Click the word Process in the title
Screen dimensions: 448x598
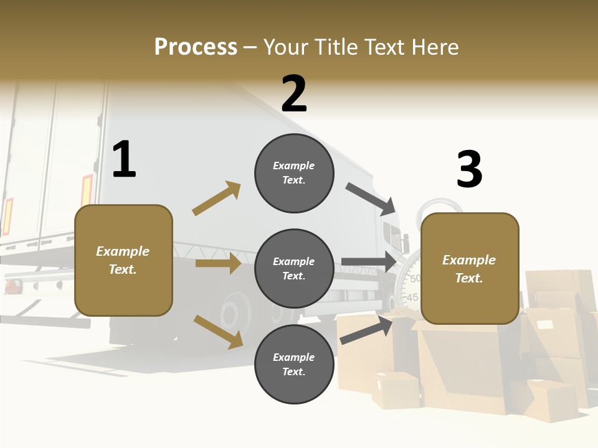coord(196,47)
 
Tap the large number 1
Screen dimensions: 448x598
coord(124,160)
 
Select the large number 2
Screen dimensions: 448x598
coord(294,93)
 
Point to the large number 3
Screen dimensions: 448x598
coord(469,169)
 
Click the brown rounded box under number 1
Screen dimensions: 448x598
coord(123,260)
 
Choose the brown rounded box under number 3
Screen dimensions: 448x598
coord(470,269)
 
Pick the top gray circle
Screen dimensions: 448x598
coord(294,173)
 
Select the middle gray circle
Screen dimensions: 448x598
coord(294,269)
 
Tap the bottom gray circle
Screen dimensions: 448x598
coord(294,365)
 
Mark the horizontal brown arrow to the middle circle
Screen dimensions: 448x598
coord(218,264)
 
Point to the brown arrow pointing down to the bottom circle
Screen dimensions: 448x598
coord(218,331)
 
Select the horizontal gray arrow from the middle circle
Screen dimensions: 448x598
coord(369,262)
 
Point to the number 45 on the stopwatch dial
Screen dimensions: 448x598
coord(412,297)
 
